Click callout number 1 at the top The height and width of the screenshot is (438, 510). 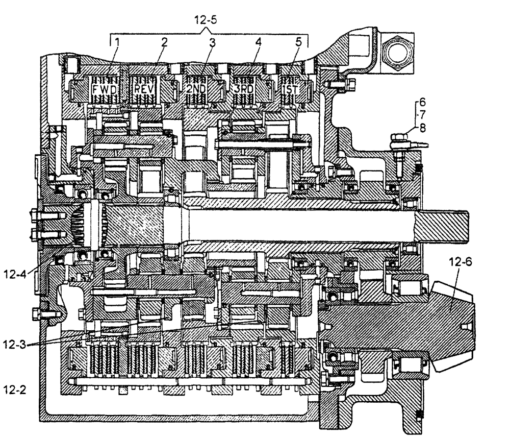(117, 43)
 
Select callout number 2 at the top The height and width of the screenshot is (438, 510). (164, 43)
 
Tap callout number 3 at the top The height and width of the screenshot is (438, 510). (212, 43)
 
